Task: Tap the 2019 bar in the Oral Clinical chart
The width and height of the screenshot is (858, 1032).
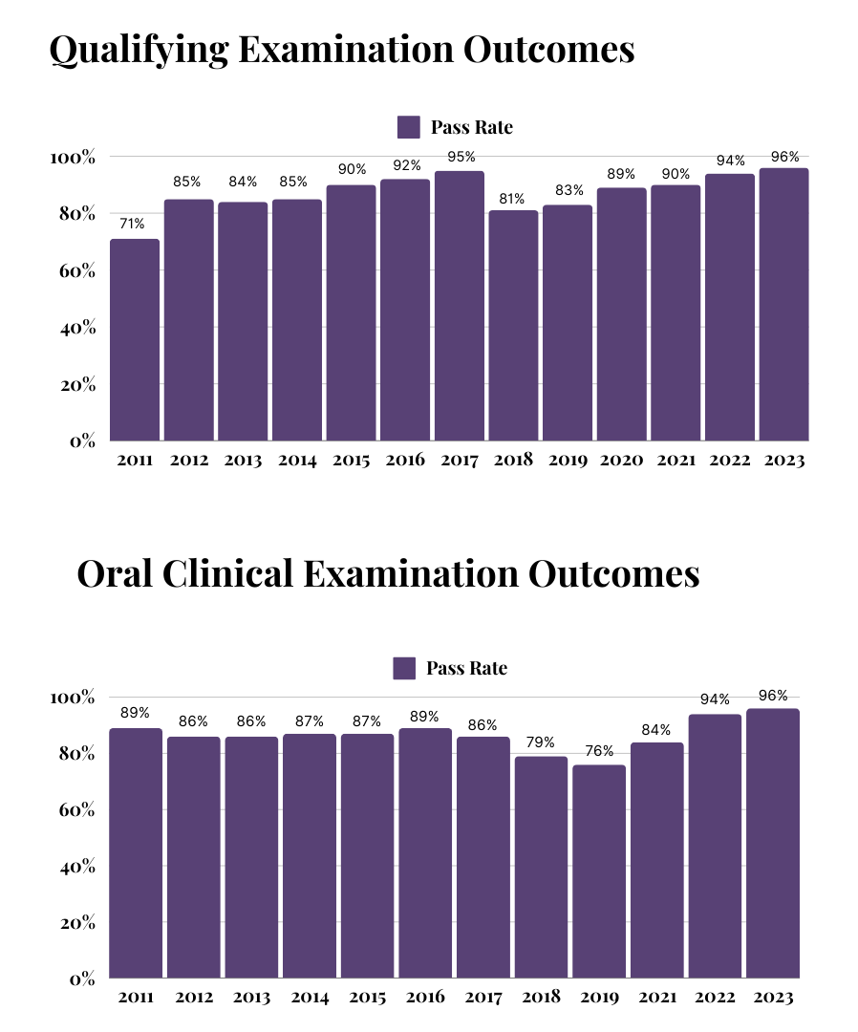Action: pyautogui.click(x=598, y=871)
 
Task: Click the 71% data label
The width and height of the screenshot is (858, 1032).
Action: pyautogui.click(x=132, y=224)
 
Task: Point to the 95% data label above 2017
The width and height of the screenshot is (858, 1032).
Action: pyautogui.click(x=460, y=157)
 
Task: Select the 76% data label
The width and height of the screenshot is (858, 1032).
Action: pyautogui.click(x=598, y=751)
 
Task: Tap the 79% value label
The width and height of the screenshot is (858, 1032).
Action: pyautogui.click(x=540, y=742)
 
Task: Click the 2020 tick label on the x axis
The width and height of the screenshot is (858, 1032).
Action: pyautogui.click(x=622, y=461)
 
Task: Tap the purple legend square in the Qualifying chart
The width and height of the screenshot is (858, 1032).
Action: pyautogui.click(x=408, y=127)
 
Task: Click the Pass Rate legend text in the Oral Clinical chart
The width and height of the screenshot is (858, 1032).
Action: pyautogui.click(x=466, y=669)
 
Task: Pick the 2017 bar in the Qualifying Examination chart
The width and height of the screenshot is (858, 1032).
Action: pyautogui.click(x=460, y=306)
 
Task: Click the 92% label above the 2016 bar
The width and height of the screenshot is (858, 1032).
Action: pyautogui.click(x=405, y=164)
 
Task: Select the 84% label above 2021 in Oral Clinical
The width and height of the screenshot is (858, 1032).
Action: pyautogui.click(x=656, y=728)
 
